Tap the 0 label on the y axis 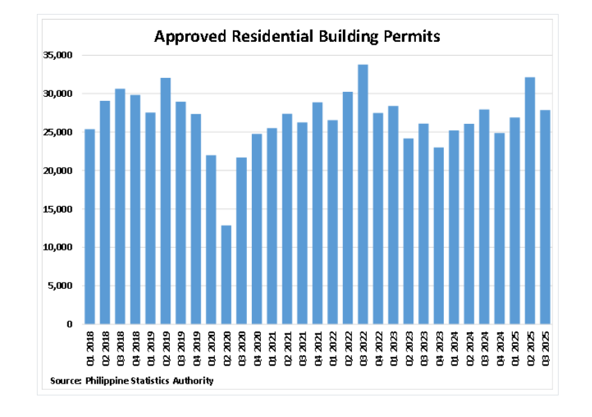point(70,324)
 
